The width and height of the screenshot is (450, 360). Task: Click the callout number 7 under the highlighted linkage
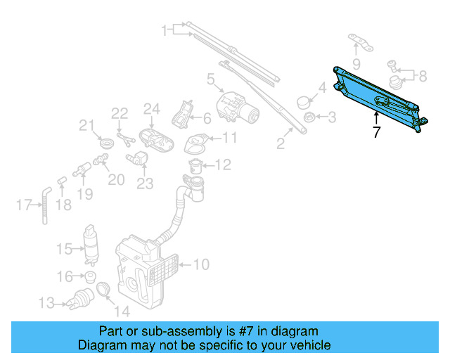377,131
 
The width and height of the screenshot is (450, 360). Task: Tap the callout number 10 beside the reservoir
201,265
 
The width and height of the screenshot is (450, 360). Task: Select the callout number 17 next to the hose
23,205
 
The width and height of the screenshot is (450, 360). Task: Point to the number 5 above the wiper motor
210,81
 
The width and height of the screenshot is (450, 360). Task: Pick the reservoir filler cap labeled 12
196,167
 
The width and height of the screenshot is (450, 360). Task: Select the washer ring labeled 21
105,144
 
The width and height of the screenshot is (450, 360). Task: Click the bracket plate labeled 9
359,44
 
